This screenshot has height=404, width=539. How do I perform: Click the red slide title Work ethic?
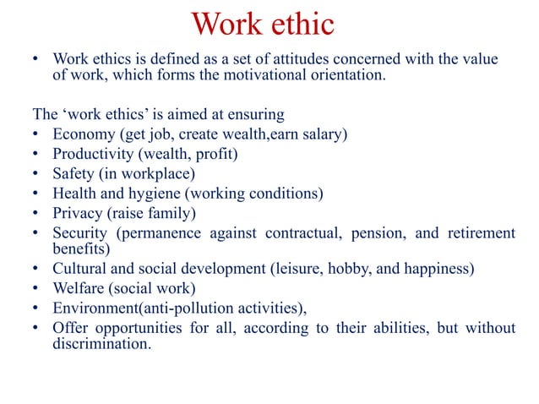[x=264, y=24]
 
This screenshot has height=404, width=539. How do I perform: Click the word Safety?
[x=72, y=173]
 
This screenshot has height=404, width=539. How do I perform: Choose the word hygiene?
[x=155, y=193]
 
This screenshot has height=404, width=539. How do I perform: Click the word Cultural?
[x=79, y=270]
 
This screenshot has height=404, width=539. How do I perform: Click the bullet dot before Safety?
[x=35, y=174]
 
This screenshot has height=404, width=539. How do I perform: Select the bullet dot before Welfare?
[x=35, y=290]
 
